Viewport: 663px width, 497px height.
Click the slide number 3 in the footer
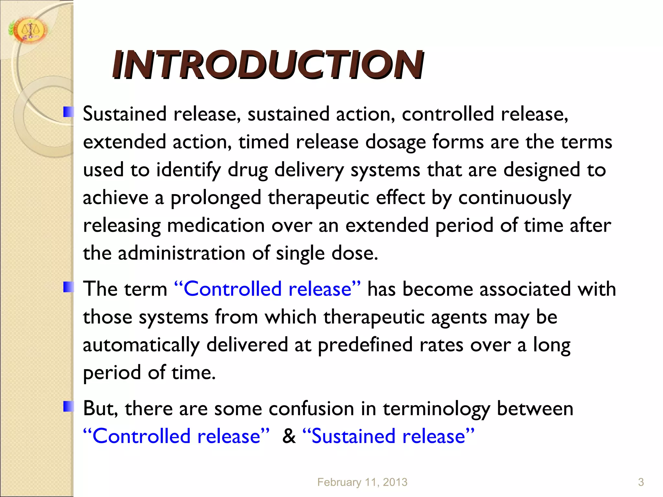tap(641, 482)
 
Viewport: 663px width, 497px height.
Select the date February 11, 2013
tap(362, 482)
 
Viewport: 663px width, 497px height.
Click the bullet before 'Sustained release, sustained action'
tap(68, 112)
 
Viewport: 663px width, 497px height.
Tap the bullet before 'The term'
tap(68, 287)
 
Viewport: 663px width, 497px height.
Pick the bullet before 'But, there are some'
tap(68, 406)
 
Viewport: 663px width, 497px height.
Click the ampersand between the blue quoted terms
tap(289, 436)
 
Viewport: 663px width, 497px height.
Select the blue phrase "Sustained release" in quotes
tap(388, 436)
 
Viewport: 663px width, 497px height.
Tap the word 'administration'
tap(181, 253)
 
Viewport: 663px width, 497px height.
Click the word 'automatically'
tap(141, 345)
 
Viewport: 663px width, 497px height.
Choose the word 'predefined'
tap(365, 345)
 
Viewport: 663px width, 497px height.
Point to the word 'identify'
tap(188, 170)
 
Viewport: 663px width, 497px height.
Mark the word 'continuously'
tap(515, 198)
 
